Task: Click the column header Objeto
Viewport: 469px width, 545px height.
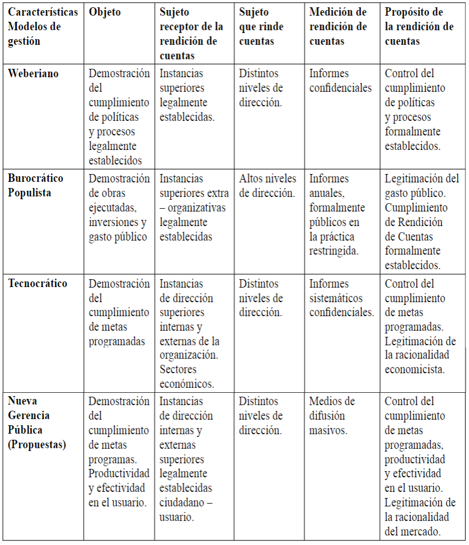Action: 105,12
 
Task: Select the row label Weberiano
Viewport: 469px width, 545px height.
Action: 33,73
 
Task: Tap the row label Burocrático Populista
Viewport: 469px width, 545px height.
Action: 35,185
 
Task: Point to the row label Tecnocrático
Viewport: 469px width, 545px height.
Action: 37,283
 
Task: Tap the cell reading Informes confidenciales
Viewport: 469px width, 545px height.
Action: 340,81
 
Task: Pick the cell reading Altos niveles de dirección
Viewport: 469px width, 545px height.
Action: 268,186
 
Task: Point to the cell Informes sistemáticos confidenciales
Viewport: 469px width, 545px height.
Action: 341,298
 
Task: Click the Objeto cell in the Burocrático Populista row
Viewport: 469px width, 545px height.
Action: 119,208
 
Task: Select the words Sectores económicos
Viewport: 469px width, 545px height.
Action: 186,377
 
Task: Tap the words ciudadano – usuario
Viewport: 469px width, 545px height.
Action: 186,510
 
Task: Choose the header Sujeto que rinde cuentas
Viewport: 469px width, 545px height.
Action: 261,27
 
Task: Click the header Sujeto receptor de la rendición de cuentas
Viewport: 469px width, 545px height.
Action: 191,34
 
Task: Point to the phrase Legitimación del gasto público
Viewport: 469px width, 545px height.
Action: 421,186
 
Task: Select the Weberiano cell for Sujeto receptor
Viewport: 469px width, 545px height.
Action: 186,95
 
